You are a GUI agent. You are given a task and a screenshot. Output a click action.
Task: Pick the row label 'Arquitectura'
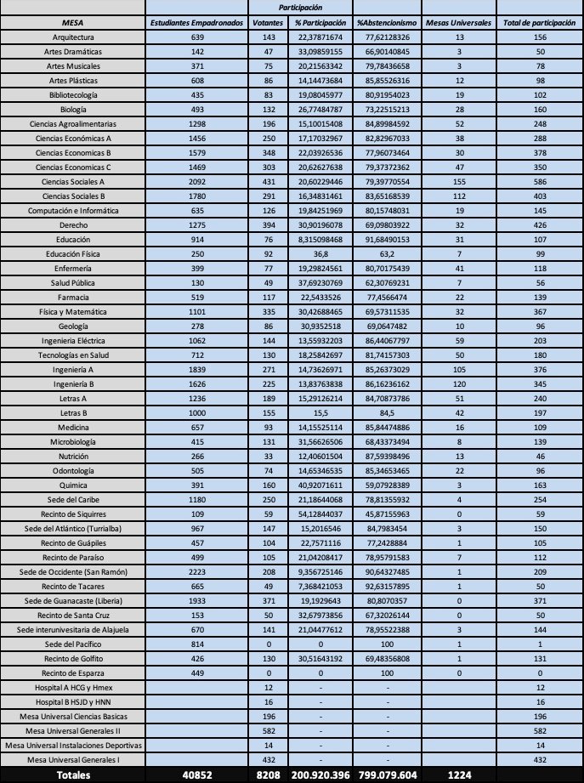74,38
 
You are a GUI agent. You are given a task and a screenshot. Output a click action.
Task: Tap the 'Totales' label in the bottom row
74,774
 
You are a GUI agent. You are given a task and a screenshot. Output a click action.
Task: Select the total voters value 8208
269,774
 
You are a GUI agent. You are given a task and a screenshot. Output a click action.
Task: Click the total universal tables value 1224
460,774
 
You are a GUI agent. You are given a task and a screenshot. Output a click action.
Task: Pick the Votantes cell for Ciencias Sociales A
269,181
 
